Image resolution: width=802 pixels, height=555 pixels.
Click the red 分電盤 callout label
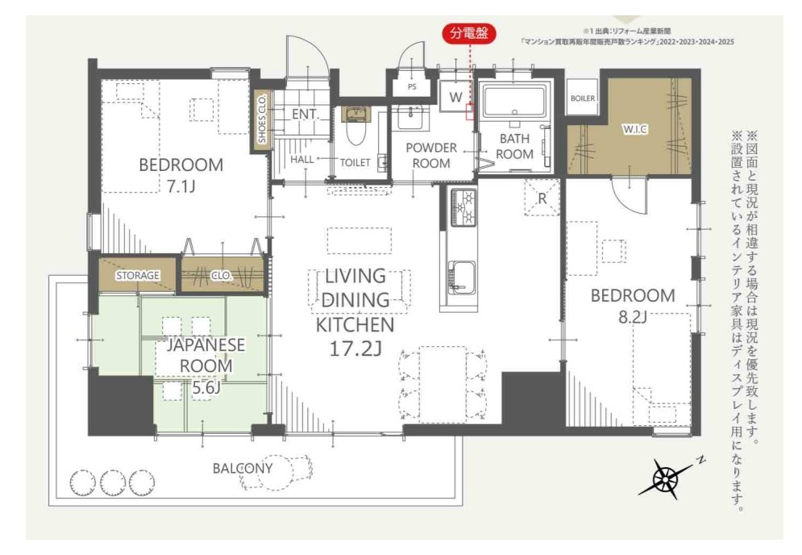click(468, 34)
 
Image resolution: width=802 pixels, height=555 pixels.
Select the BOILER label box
click(582, 98)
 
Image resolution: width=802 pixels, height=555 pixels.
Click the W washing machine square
click(455, 98)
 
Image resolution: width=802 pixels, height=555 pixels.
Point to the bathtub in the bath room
click(514, 102)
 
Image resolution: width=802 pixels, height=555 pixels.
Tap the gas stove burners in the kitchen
click(463, 207)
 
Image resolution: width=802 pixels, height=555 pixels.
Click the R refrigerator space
click(542, 198)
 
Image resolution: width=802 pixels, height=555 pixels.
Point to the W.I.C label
click(634, 130)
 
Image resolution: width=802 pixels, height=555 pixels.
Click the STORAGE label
click(138, 275)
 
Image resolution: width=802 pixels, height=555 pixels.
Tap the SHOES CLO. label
click(263, 119)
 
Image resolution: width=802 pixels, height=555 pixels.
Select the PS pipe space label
click(412, 87)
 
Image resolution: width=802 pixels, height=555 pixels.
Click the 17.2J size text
click(355, 349)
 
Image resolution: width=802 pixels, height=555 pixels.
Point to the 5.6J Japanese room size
click(206, 387)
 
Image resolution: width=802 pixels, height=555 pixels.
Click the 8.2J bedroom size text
click(633, 317)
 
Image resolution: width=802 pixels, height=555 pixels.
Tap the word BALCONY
click(243, 468)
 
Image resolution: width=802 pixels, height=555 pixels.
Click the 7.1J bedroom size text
click(181, 186)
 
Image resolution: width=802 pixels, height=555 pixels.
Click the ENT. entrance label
click(305, 115)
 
